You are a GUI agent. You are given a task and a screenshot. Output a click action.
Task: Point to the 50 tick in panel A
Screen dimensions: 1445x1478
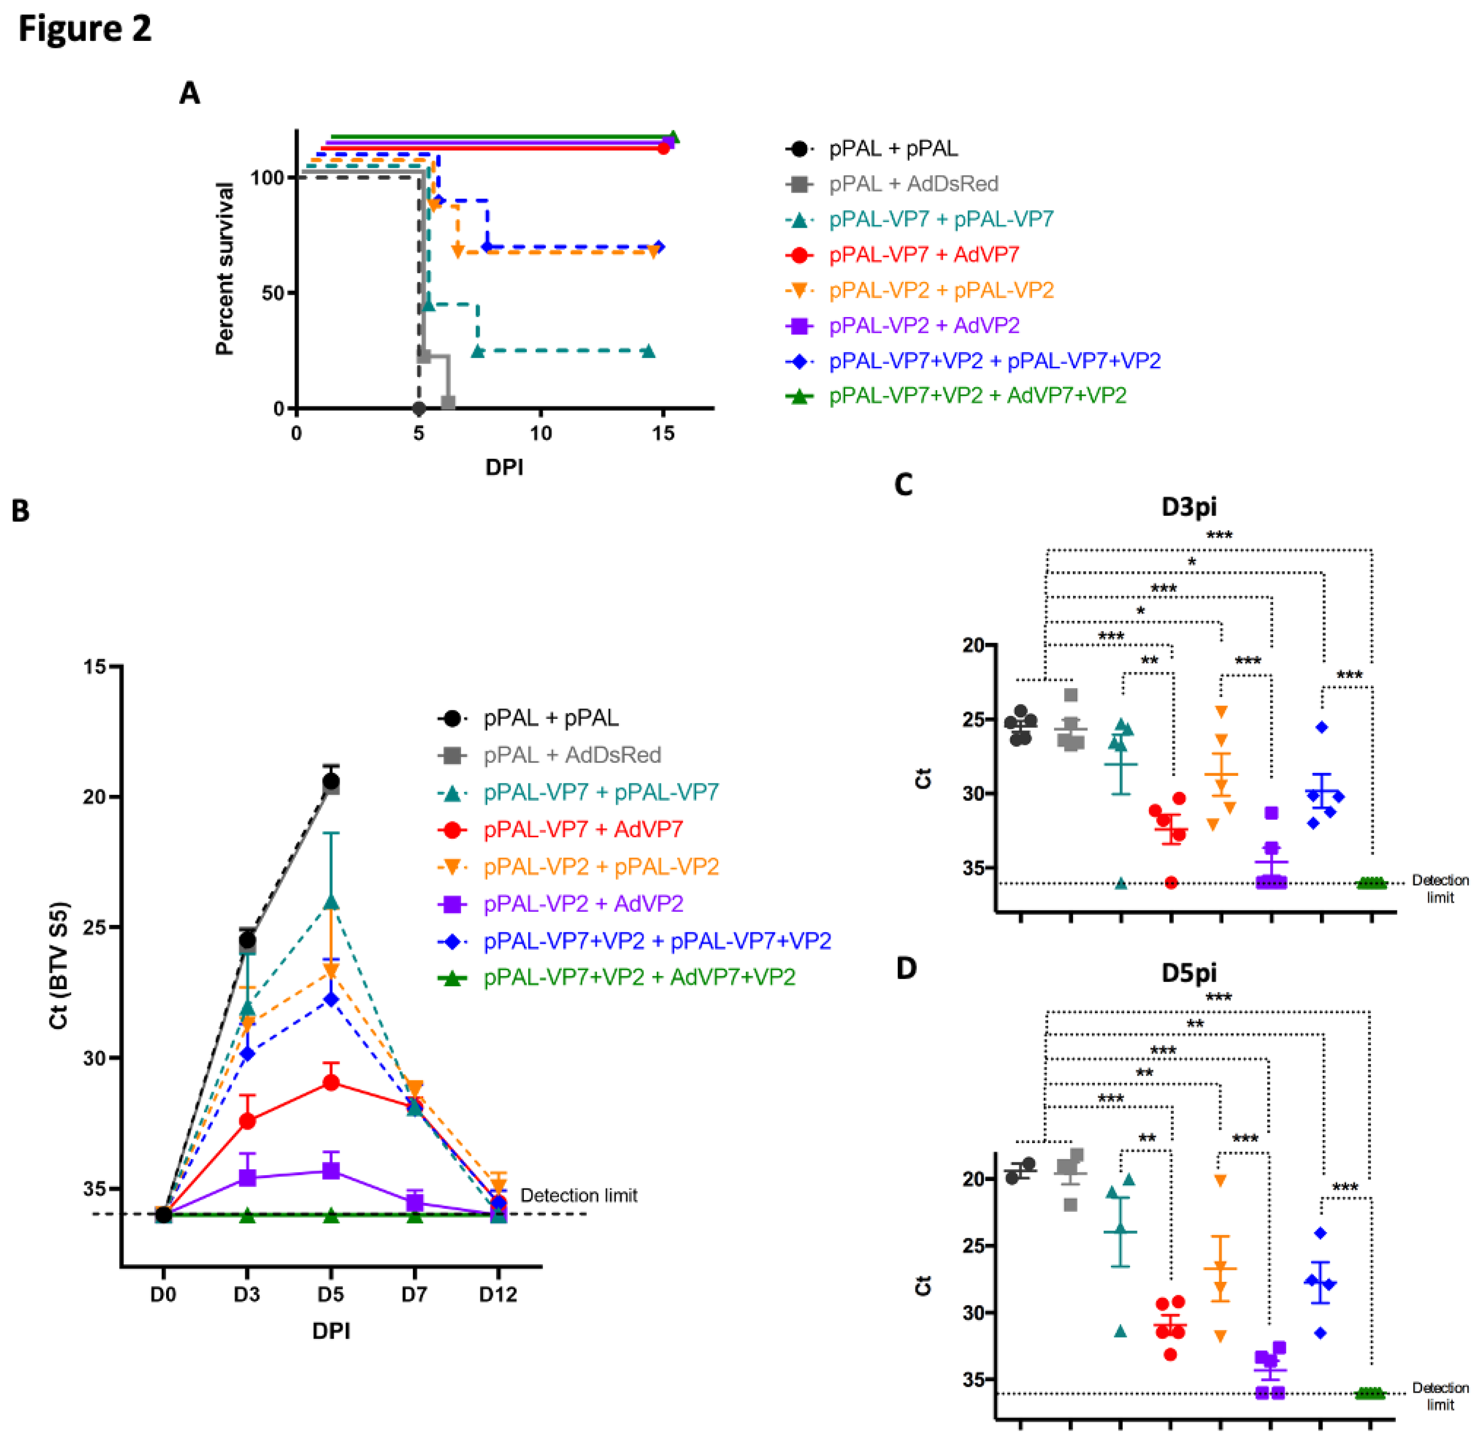click(x=272, y=293)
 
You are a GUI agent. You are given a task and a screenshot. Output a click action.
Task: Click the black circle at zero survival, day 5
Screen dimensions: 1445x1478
click(x=418, y=408)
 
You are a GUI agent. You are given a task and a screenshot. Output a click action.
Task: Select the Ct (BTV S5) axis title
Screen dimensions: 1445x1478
click(x=59, y=965)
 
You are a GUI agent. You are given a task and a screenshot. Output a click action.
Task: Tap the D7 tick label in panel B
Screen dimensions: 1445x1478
click(x=414, y=1295)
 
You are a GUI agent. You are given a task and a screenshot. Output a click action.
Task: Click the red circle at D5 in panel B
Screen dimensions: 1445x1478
click(x=331, y=1082)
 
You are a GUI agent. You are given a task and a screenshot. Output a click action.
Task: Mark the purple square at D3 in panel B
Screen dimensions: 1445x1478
click(x=247, y=1177)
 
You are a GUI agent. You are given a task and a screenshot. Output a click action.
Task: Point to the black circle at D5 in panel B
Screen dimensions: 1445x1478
click(x=331, y=782)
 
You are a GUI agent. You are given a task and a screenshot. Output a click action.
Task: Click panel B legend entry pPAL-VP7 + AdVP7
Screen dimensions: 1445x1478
click(x=583, y=829)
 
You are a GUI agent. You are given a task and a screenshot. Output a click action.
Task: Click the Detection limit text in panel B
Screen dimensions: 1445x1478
click(x=578, y=1196)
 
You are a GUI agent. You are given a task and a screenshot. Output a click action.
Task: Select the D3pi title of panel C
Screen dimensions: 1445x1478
click(x=1189, y=506)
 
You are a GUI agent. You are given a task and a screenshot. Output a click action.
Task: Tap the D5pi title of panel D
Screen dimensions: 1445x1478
click(x=1189, y=972)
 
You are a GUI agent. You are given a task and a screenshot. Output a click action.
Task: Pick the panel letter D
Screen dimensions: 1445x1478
click(x=906, y=969)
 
